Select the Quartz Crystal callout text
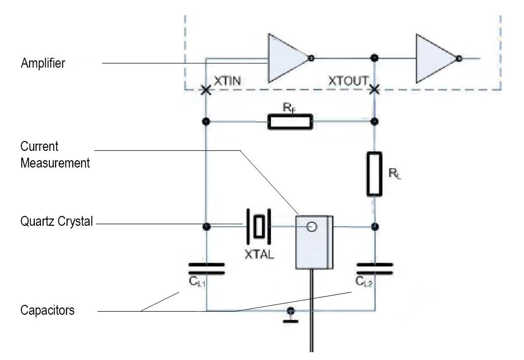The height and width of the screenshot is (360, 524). (x=57, y=222)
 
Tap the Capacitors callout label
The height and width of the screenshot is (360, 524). (x=47, y=311)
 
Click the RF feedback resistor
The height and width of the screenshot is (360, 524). (x=290, y=122)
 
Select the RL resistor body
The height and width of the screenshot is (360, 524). (x=374, y=174)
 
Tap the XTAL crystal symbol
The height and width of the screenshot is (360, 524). (x=259, y=226)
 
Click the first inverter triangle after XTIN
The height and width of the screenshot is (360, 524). (x=286, y=58)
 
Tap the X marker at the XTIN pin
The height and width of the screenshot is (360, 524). (x=206, y=91)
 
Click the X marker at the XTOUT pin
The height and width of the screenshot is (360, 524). (x=374, y=91)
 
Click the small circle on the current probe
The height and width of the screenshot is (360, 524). (x=312, y=226)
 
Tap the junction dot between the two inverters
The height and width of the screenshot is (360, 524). (x=374, y=57)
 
